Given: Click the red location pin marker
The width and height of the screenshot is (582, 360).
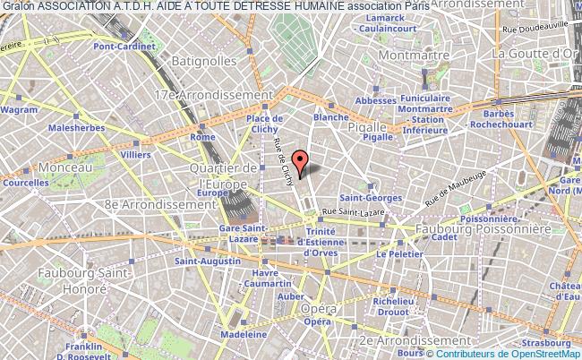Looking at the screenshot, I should [301, 162].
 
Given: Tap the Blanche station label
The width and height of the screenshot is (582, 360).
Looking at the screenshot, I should [330, 117].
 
